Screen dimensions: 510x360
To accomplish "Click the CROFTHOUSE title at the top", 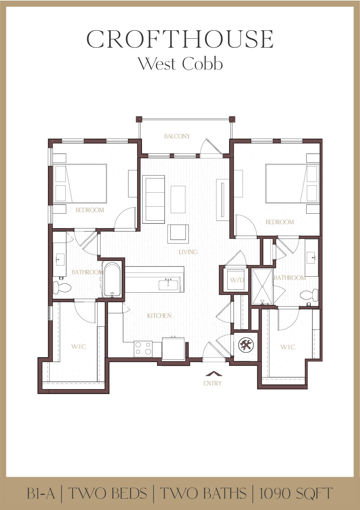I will click(x=180, y=39).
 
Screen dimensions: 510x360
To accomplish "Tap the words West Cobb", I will click(x=180, y=64).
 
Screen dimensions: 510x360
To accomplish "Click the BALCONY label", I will click(x=177, y=136).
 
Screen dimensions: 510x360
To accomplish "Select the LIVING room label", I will click(x=188, y=252).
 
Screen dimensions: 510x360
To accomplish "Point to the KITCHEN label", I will click(x=159, y=316).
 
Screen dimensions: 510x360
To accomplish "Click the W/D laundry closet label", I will click(x=237, y=280).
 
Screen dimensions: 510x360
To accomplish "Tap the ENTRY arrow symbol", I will click(x=214, y=374).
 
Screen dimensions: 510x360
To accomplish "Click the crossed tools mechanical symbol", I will click(x=246, y=345).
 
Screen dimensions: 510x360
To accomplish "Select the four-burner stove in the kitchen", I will click(x=143, y=348).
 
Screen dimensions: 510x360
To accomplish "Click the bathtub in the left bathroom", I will click(x=112, y=280).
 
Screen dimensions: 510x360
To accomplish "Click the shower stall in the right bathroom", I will click(x=262, y=287).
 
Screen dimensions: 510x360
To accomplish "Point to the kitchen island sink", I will click(x=168, y=285).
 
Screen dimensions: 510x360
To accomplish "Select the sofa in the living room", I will click(x=153, y=199).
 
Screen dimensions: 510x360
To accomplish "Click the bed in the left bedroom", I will click(x=80, y=183).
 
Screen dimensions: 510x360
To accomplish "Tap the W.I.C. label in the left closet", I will click(x=79, y=346).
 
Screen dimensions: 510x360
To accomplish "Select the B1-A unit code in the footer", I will click(x=41, y=493).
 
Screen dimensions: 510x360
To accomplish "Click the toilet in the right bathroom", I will click(x=309, y=295).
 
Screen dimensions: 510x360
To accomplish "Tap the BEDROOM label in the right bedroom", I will click(x=280, y=222).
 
